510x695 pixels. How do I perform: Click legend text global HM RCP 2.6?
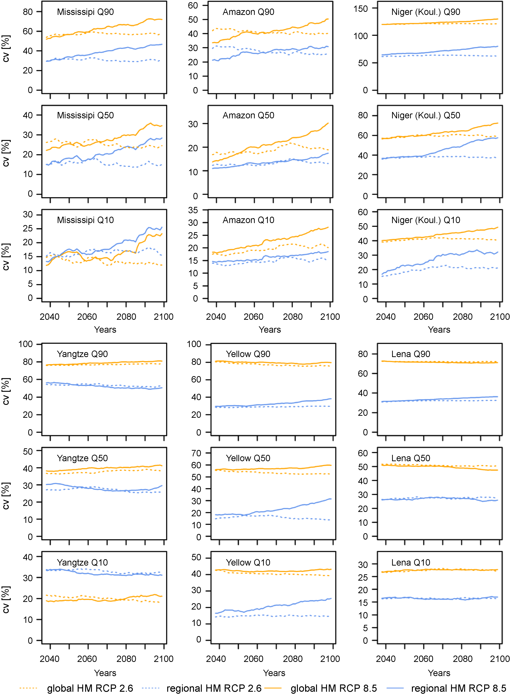pos(90,688)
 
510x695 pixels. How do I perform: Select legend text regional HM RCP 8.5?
pos(459,688)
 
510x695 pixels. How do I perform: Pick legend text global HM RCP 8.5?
pos(334,688)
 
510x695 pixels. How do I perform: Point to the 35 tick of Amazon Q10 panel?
pos(193,210)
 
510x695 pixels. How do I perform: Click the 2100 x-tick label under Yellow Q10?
pos(330,659)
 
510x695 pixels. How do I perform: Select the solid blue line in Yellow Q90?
pos(278,404)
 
